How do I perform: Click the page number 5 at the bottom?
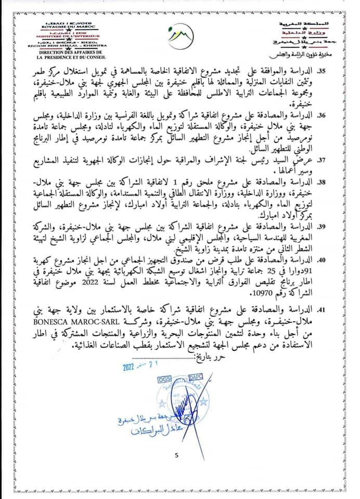pos(176,456)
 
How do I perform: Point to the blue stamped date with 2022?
pos(137,365)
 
